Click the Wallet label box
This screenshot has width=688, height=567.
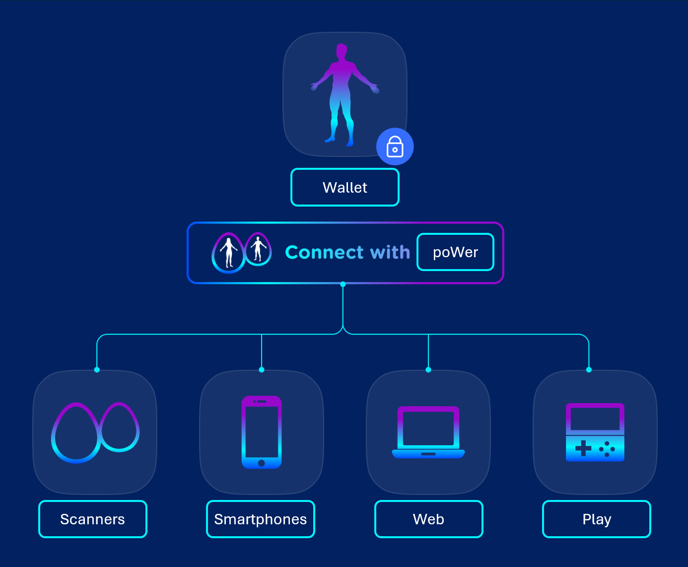click(x=345, y=187)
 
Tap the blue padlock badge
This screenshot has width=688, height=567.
click(x=395, y=147)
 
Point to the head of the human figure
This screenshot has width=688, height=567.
click(x=342, y=51)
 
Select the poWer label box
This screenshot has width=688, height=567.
click(x=455, y=252)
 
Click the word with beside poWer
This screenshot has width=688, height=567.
click(x=390, y=252)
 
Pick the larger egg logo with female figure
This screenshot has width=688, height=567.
click(x=228, y=253)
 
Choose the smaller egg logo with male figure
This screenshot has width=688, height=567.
click(x=258, y=249)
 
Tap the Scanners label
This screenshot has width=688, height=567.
click(x=93, y=519)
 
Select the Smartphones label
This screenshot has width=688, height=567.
click(x=261, y=519)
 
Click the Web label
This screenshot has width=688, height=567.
click(x=428, y=519)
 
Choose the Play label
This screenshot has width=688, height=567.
click(x=597, y=519)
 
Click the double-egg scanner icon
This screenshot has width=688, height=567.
click(x=95, y=432)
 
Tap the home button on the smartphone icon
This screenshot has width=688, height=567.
click(x=262, y=463)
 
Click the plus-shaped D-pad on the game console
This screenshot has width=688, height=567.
click(x=583, y=448)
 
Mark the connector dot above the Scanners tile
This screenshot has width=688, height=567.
click(x=97, y=370)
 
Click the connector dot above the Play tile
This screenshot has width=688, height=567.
click(x=589, y=370)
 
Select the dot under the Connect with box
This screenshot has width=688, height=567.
click(x=343, y=284)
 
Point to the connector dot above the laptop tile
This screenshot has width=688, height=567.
click(x=428, y=370)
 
